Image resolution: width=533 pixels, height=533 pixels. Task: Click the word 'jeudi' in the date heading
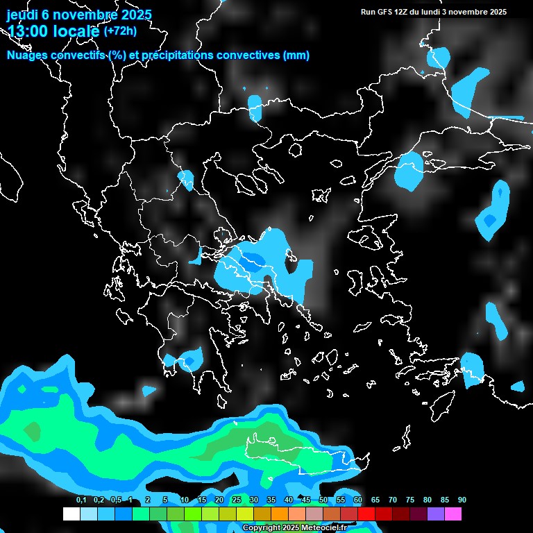[22, 15]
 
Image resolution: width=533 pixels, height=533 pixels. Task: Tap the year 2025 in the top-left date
[131, 15]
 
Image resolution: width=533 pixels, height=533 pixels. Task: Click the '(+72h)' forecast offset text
[120, 31]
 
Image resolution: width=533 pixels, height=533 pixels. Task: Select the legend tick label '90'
[462, 500]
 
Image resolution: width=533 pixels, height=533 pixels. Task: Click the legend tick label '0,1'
[81, 500]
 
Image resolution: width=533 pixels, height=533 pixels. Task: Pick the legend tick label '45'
[306, 500]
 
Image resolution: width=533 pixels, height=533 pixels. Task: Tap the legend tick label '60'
[358, 500]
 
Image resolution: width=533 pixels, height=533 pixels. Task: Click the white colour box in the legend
[71, 514]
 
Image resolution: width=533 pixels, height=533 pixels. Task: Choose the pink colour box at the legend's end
[453, 514]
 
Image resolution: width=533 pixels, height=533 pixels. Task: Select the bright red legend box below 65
[366, 514]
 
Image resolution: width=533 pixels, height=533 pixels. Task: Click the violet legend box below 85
[436, 514]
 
